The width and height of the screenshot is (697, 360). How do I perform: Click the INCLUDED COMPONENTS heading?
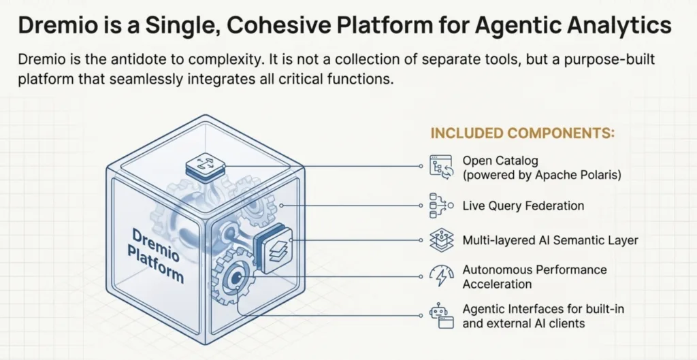pyautogui.click(x=522, y=133)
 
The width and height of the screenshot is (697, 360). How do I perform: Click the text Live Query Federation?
pyautogui.click(x=523, y=205)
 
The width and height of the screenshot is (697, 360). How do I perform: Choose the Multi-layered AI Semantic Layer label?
pyautogui.click(x=550, y=240)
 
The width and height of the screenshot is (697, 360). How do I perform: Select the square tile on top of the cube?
pyautogui.click(x=206, y=165)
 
